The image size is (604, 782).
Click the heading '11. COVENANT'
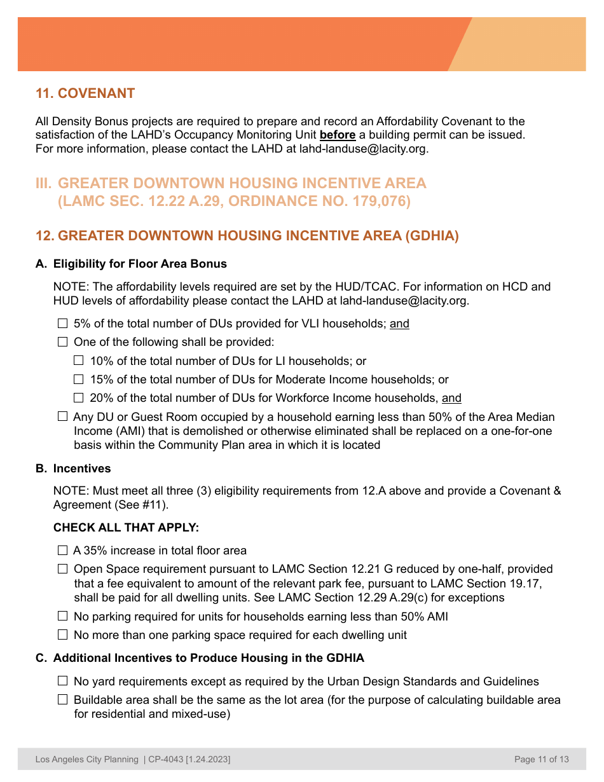click(x=85, y=93)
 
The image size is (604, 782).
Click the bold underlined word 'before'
click(x=337, y=135)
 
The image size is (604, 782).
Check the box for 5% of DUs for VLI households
click(x=62, y=324)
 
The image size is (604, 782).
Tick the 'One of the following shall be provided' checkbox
click(x=62, y=342)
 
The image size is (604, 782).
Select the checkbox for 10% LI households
click(x=78, y=360)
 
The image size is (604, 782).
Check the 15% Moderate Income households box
click(x=78, y=380)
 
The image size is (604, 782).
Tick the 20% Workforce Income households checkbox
click(x=78, y=398)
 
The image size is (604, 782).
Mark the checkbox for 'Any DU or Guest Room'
click(x=62, y=416)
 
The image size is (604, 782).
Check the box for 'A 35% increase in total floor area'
click(x=62, y=551)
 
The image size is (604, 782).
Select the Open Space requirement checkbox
click(x=62, y=569)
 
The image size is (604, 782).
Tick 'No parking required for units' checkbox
click(x=62, y=616)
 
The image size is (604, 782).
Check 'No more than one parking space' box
click(x=62, y=635)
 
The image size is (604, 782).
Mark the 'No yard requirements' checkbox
click(x=62, y=681)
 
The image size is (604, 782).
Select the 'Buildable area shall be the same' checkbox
click(x=62, y=700)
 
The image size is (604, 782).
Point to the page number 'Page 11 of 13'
click(x=541, y=759)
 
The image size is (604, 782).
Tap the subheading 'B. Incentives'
click(x=73, y=469)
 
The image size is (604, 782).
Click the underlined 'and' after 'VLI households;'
click(x=399, y=324)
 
